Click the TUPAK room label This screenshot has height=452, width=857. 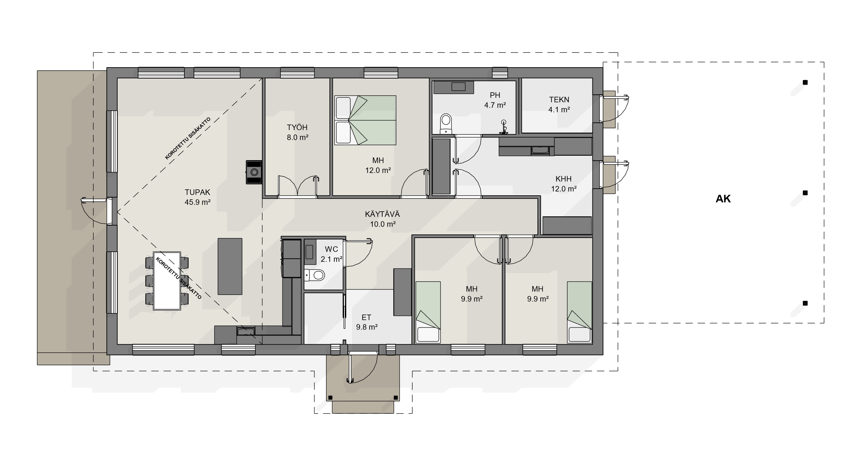[197, 192]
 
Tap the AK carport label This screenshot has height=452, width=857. [723, 199]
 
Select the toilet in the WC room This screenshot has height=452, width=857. [314, 275]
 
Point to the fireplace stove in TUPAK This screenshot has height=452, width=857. [254, 172]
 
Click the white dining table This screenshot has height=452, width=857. [167, 281]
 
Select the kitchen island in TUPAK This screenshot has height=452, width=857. [230, 266]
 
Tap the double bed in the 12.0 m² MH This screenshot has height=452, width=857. [365, 120]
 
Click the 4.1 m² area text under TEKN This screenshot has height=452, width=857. [559, 110]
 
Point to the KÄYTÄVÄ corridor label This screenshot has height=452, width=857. [382, 214]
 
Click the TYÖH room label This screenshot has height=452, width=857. [297, 128]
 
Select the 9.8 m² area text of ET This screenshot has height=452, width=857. [367, 327]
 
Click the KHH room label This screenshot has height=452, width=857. [564, 179]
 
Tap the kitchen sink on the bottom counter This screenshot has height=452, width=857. [246, 332]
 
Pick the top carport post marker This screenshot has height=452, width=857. [805, 82]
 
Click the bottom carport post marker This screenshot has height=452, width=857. [805, 303]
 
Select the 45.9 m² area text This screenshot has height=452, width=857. [197, 202]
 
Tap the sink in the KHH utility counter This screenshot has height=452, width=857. [540, 150]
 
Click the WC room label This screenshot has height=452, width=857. [331, 249]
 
